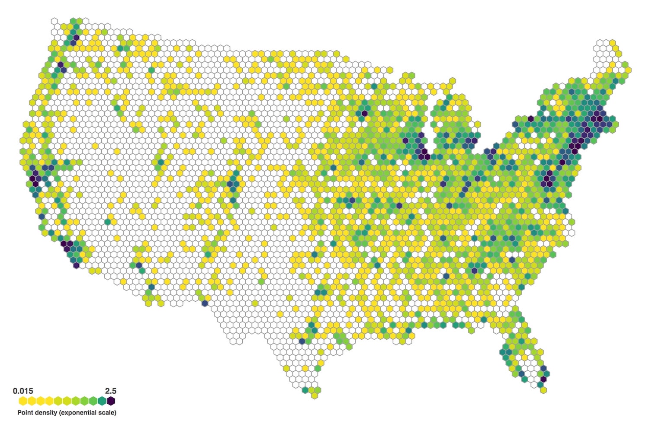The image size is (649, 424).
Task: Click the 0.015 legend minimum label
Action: [23, 391]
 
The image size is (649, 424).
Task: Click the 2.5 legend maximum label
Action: [111, 391]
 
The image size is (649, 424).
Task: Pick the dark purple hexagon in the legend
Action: [111, 401]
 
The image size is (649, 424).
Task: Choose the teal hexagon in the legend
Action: [102, 401]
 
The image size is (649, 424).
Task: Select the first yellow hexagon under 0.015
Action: [23, 401]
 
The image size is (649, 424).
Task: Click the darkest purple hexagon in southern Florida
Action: [543, 379]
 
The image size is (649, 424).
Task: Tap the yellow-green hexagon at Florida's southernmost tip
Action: [543, 390]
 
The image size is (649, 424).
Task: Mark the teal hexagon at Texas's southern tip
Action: [305, 390]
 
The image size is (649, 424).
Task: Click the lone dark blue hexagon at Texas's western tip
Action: [205, 303]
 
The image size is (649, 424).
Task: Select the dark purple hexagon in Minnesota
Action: [364, 113]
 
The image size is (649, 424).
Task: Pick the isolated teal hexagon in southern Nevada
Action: [108, 222]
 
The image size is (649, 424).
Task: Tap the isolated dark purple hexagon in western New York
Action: [531, 118]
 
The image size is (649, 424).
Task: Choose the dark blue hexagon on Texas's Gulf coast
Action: [302, 341]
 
